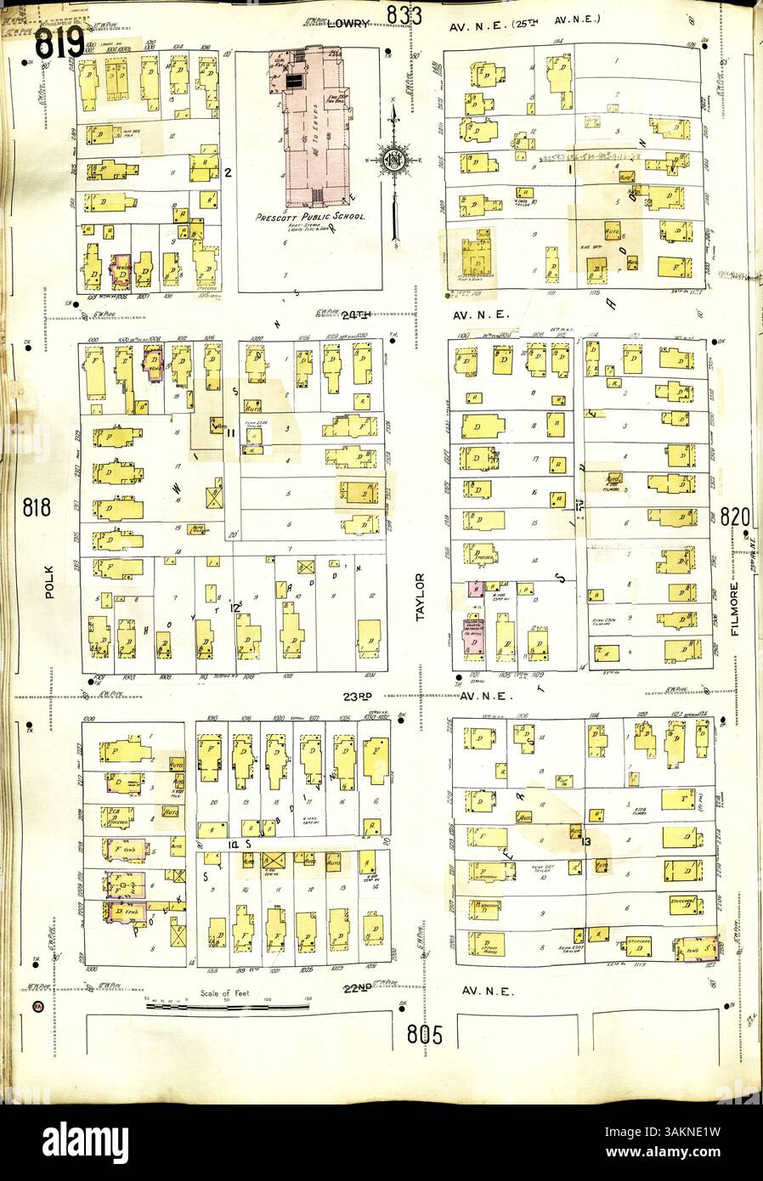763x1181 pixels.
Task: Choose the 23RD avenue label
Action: click(x=359, y=695)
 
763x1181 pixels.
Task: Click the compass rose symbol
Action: click(x=393, y=159)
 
